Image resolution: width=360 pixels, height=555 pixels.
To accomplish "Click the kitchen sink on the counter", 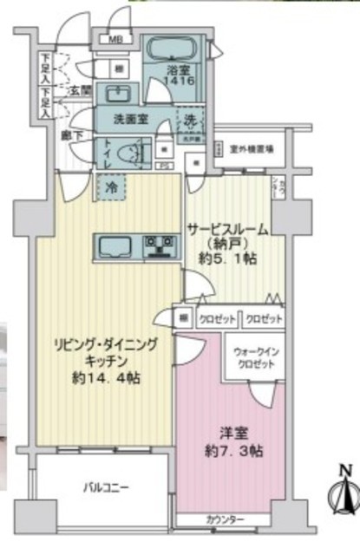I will click(x=115, y=246).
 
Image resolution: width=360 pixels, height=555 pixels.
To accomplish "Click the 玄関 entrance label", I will click(x=82, y=91).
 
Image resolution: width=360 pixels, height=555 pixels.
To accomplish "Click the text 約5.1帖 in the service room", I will click(x=226, y=257).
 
